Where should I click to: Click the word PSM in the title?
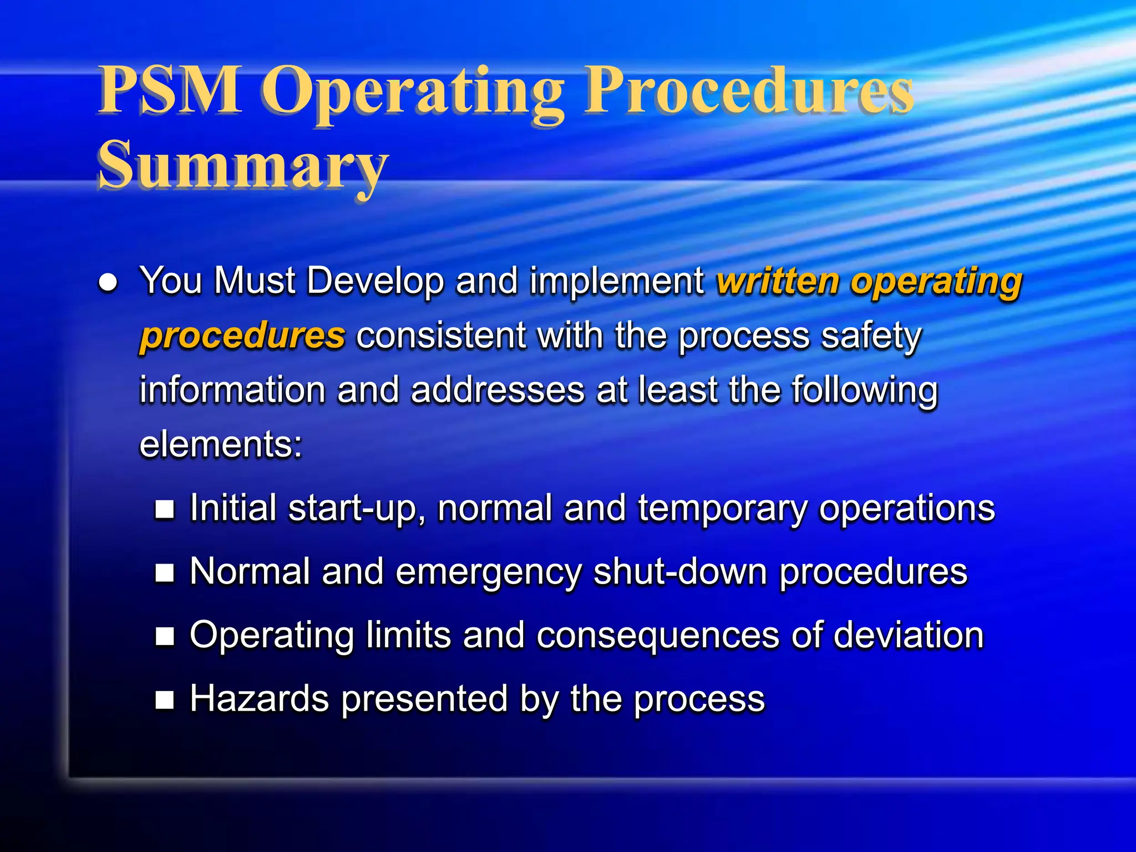pos(169,90)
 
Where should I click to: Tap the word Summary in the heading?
pos(242,165)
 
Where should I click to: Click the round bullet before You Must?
pos(108,283)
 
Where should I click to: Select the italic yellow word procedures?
pos(242,336)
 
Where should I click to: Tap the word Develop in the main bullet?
pos(375,281)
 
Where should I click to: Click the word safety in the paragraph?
pos(871,336)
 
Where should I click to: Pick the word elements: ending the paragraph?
pos(221,444)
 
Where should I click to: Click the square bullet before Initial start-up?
pos(165,509)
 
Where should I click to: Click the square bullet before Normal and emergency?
pos(165,572)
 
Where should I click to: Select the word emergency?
pos(488,572)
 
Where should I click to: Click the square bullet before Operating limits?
pos(165,636)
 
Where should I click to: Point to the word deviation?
pos(908,635)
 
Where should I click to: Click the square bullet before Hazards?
pos(165,700)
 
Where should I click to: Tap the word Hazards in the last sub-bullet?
pos(259,699)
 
